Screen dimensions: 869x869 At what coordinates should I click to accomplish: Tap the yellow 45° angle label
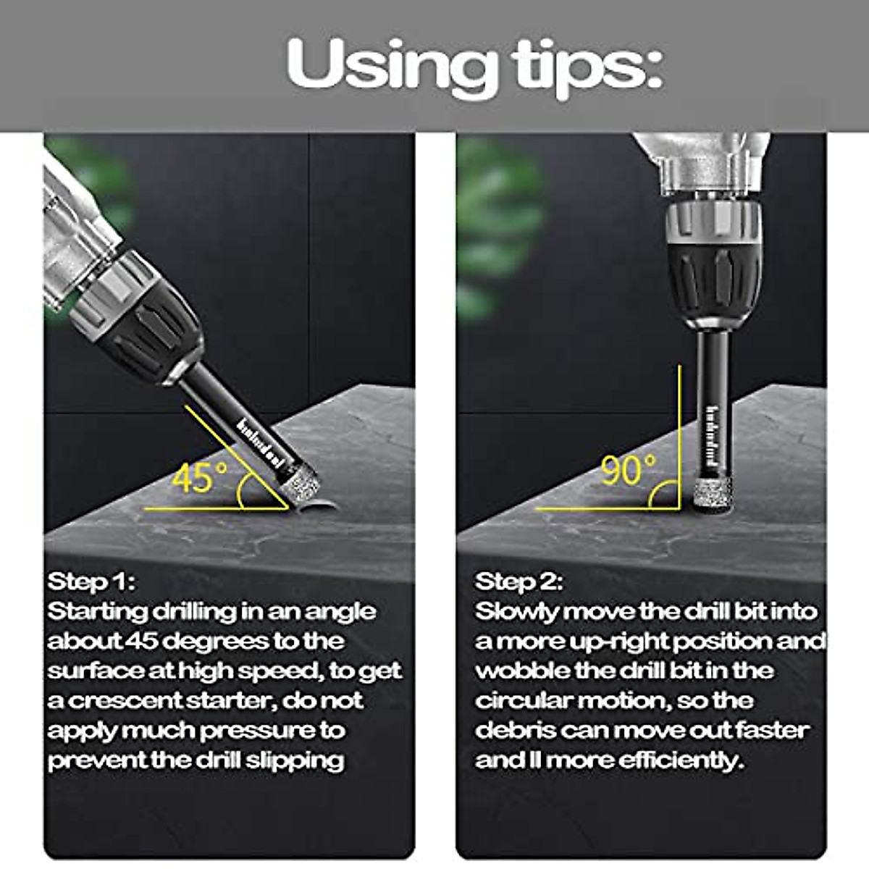[x=199, y=478]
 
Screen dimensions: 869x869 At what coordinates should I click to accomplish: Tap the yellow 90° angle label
[x=628, y=471]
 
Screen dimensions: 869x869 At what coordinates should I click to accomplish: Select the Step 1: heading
[x=91, y=582]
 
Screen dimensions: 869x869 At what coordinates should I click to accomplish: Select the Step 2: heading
[x=519, y=582]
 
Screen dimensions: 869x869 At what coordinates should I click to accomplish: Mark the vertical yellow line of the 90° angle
[x=680, y=434]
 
